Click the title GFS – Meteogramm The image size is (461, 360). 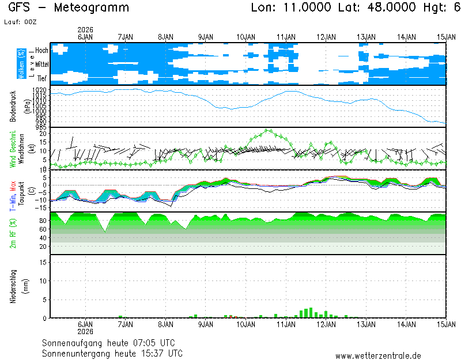(69, 7)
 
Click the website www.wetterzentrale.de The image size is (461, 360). (378, 357)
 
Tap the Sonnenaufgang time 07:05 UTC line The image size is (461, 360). (112, 342)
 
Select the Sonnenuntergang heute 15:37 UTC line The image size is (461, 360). (112, 353)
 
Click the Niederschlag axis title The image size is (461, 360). (13, 286)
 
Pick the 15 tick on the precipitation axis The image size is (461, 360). (44, 262)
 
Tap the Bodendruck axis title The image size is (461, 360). (13, 106)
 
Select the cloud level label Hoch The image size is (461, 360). (41, 51)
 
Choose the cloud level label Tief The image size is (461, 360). (42, 78)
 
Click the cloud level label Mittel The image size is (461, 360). (41, 66)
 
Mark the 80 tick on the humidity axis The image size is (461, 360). (43, 221)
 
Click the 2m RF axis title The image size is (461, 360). (13, 233)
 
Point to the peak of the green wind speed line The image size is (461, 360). (267, 130)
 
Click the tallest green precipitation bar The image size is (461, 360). (311, 312)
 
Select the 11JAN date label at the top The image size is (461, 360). (286, 36)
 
